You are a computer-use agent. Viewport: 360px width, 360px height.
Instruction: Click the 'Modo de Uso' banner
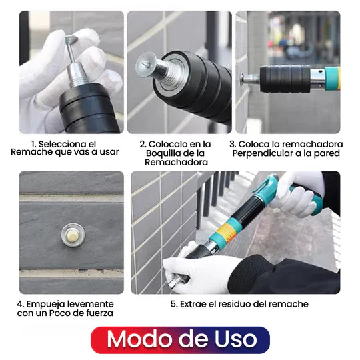180,339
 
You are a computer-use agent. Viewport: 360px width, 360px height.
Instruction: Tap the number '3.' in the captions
233,143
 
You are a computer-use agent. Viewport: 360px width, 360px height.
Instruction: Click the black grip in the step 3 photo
285,79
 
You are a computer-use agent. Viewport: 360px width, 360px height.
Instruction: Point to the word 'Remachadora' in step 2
175,162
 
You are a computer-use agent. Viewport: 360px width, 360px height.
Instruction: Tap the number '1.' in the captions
33,143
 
